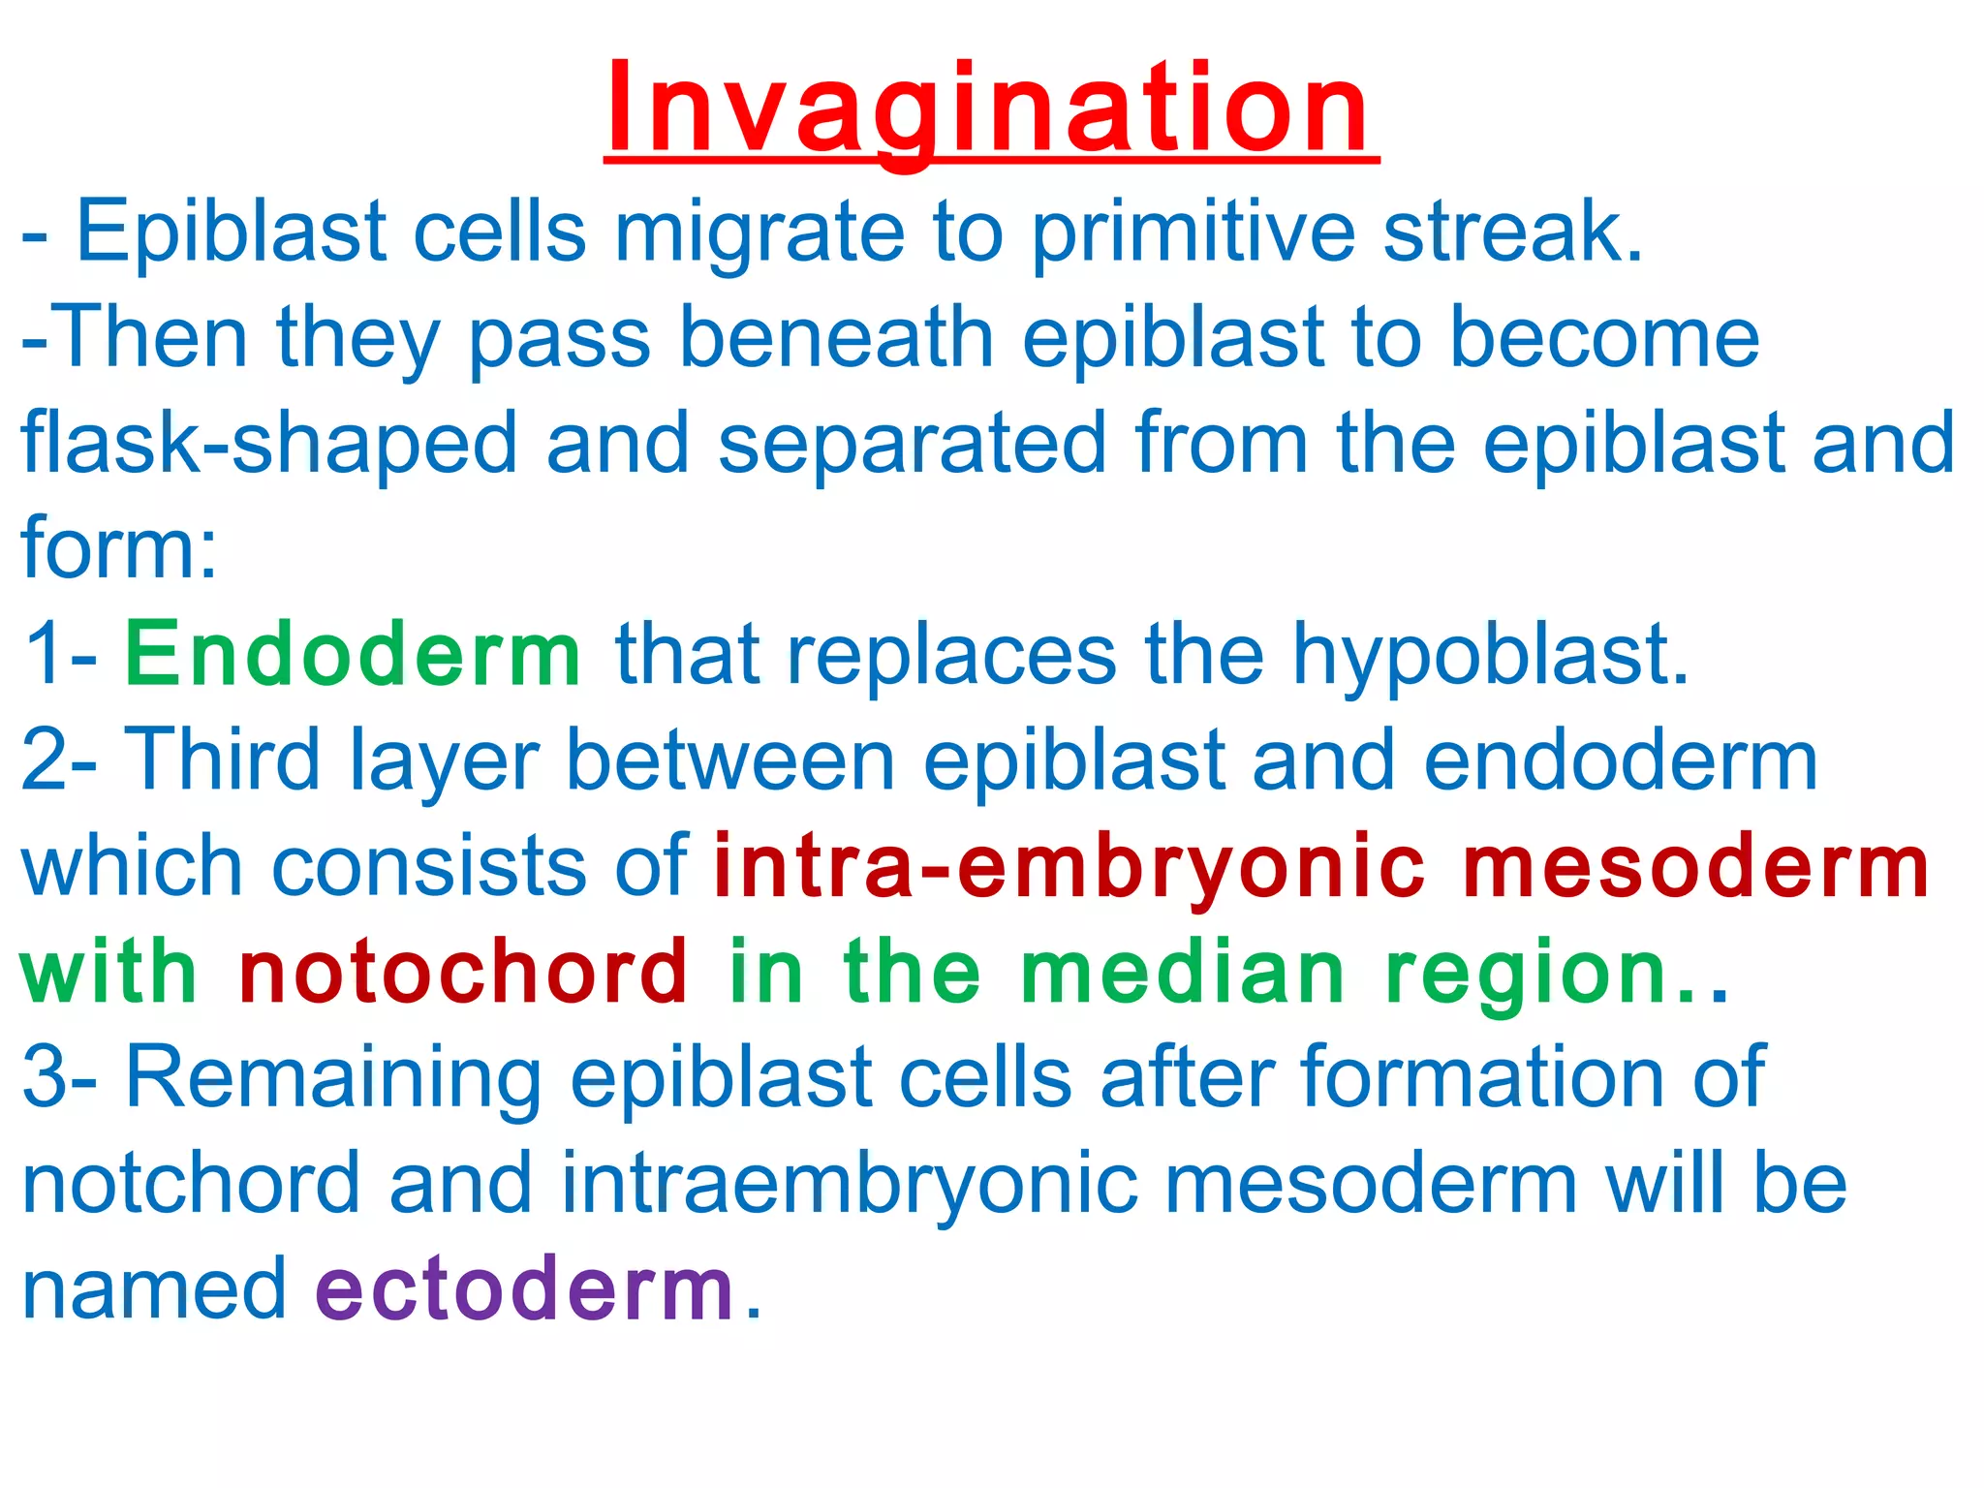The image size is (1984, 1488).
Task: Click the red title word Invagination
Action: (990, 108)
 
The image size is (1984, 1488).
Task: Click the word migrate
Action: (759, 232)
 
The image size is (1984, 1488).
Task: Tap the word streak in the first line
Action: (1511, 232)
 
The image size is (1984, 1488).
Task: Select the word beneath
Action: (835, 338)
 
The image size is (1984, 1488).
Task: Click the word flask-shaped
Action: (269, 444)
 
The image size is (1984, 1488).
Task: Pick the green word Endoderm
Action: (354, 655)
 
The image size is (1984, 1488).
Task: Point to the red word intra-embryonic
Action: (1069, 866)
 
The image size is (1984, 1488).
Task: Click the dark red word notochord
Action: (463, 972)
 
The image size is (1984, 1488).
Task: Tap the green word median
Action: (1183, 972)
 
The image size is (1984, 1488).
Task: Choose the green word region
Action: (1526, 974)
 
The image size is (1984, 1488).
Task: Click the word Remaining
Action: (333, 1077)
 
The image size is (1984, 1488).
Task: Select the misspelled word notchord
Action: (191, 1183)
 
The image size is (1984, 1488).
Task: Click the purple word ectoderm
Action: (524, 1288)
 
